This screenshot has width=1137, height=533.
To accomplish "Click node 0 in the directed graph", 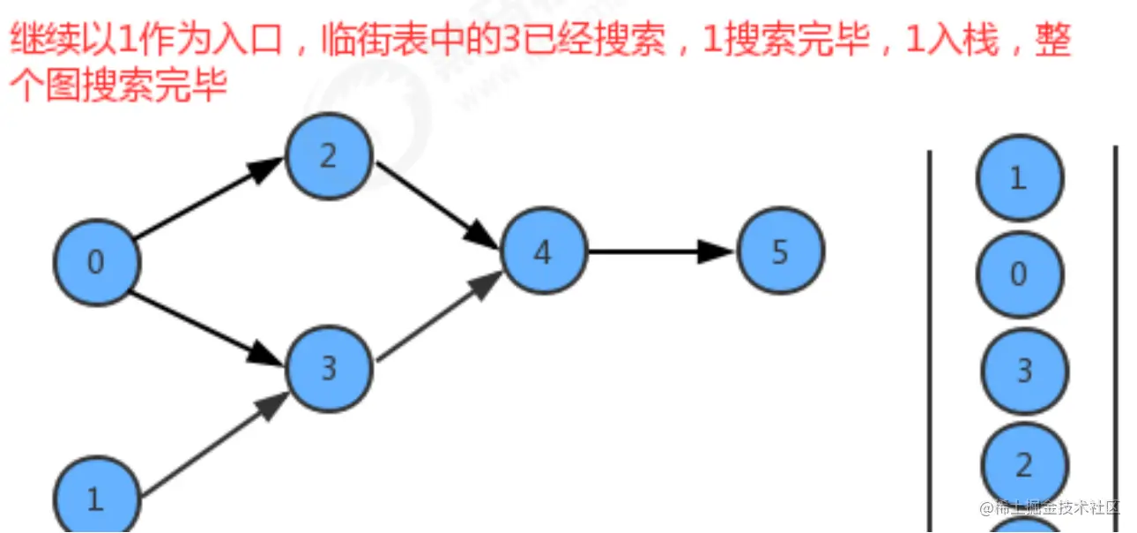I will pos(96,262).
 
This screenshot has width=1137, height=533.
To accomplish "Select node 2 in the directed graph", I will pos(329,157).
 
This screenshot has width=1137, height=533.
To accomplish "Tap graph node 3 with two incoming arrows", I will pos(329,368).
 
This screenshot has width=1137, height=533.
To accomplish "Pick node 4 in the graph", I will pos(543,252).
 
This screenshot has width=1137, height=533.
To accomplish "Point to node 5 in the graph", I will pos(780,252).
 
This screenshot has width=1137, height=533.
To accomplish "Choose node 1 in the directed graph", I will pos(96,499).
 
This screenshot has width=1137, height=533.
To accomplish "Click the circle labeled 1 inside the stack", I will pos(1019,178).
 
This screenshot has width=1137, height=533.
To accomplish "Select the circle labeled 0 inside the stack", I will pos(1019,274).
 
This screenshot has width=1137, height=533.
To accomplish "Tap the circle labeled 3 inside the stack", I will pos(1023,371).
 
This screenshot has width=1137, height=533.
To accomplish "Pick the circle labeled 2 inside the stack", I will pos(1023,464).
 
